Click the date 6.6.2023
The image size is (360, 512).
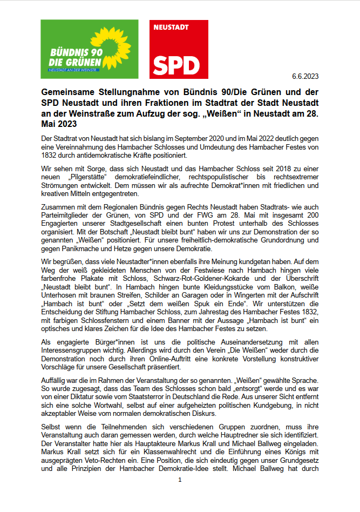(x=305, y=76)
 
